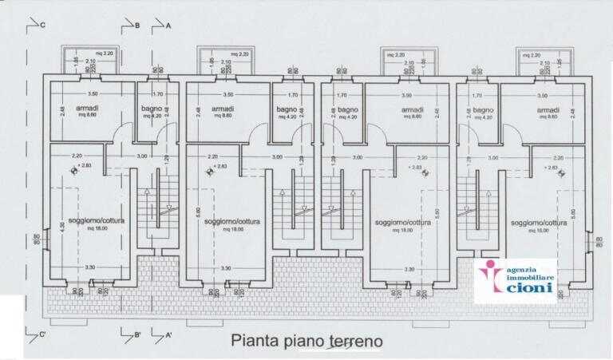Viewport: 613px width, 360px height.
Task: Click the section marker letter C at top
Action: coord(42,26)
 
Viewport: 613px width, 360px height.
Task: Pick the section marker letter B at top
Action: coord(136,26)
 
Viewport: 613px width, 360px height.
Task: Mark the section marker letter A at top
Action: coord(168,26)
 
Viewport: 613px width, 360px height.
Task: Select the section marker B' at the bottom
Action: coord(137,335)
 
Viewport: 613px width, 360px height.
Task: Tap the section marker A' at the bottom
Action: coord(169,335)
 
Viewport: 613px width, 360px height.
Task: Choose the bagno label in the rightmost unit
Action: coord(484,109)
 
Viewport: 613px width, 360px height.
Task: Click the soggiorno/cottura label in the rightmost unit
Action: coord(539,223)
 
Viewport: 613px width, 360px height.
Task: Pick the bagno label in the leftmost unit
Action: coord(152,109)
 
